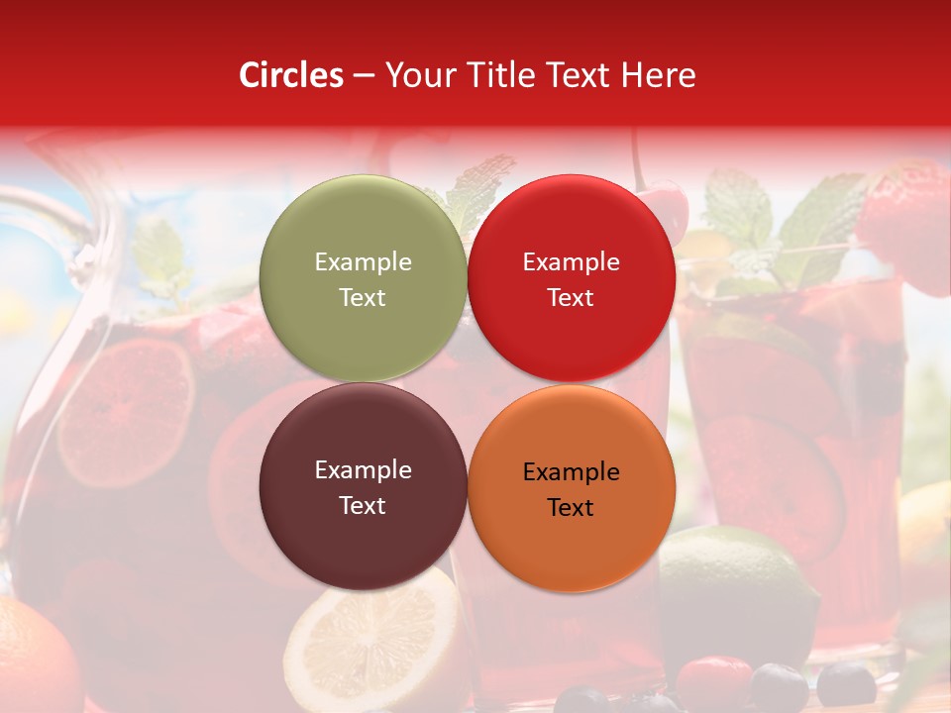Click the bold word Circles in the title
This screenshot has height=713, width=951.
[x=290, y=75]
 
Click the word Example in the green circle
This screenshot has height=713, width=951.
[x=363, y=262]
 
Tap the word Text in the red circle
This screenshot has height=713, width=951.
[x=571, y=298]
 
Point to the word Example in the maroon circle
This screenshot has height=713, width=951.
[x=363, y=470]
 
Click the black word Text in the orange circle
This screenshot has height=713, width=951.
[x=571, y=508]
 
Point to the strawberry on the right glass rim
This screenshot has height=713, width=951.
[x=906, y=223]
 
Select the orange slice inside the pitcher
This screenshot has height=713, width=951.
[x=124, y=411]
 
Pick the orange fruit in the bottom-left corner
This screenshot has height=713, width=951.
[x=35, y=659]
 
